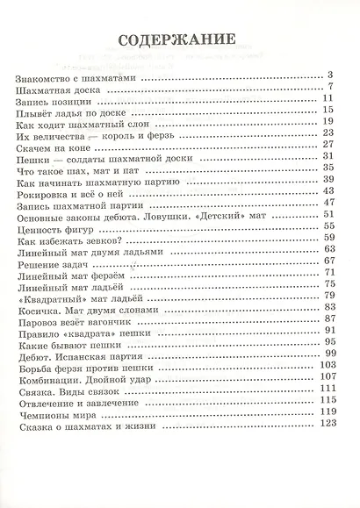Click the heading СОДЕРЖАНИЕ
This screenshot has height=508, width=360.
pos(180,40)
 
